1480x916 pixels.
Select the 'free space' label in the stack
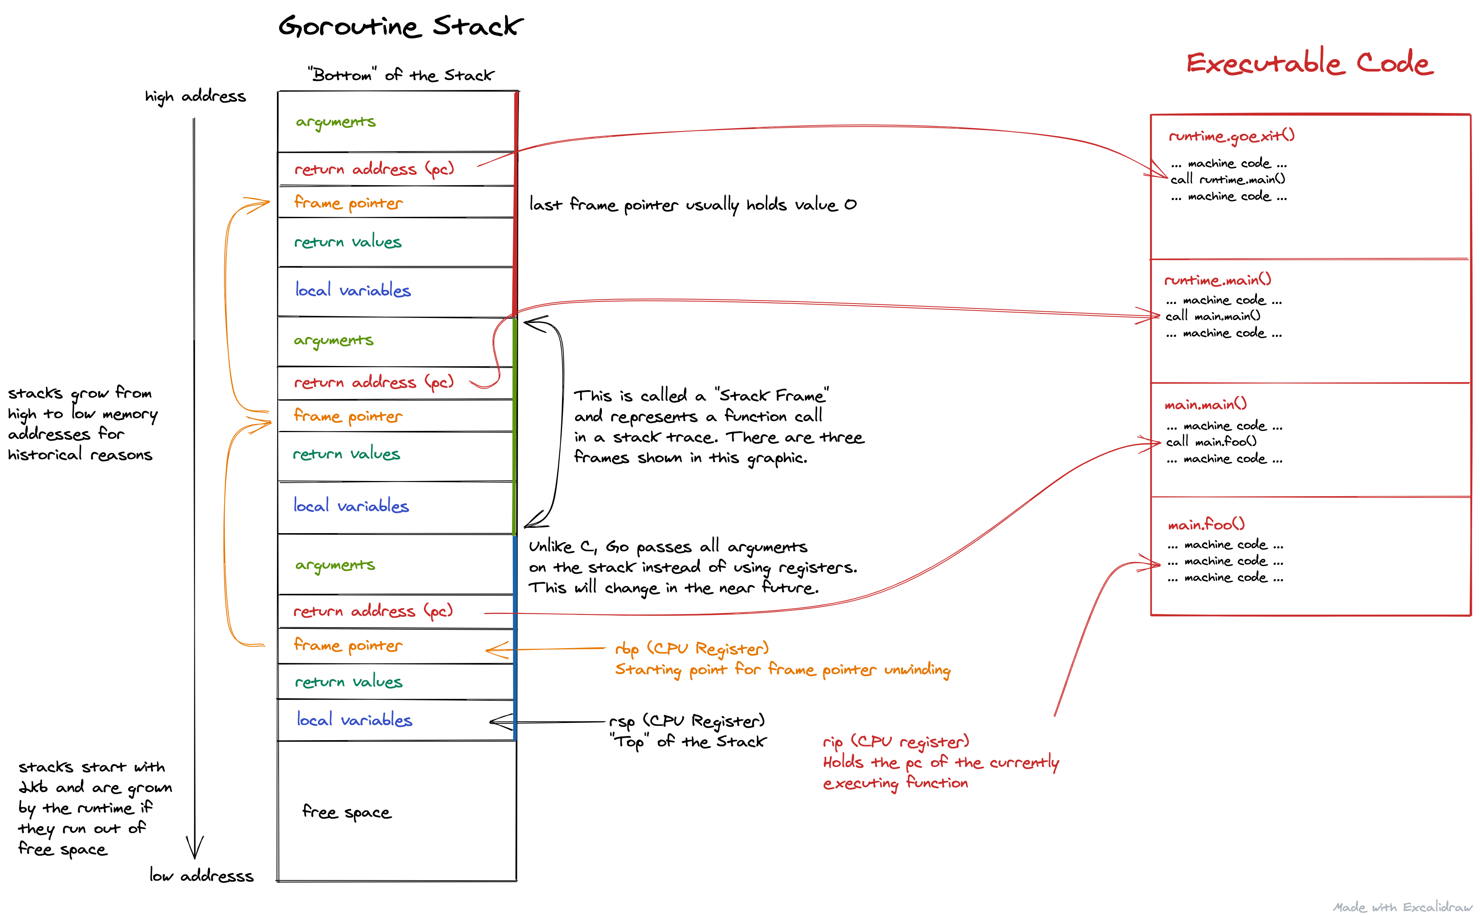[x=346, y=812]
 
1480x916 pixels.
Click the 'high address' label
[x=195, y=97]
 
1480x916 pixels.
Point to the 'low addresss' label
[x=201, y=875]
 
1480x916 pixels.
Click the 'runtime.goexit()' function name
[x=1231, y=136]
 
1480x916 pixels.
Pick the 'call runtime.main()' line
[x=1227, y=180]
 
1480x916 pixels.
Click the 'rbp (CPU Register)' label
[x=691, y=649]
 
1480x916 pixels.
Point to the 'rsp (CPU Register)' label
[x=687, y=721]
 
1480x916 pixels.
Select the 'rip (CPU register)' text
[x=895, y=741]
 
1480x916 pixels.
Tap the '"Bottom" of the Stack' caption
[x=401, y=75]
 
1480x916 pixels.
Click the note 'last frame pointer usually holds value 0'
[x=692, y=205]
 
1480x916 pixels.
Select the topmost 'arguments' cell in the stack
[x=336, y=122]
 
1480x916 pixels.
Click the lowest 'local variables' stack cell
[x=355, y=720]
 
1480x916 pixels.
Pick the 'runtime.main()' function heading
[x=1217, y=280]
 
